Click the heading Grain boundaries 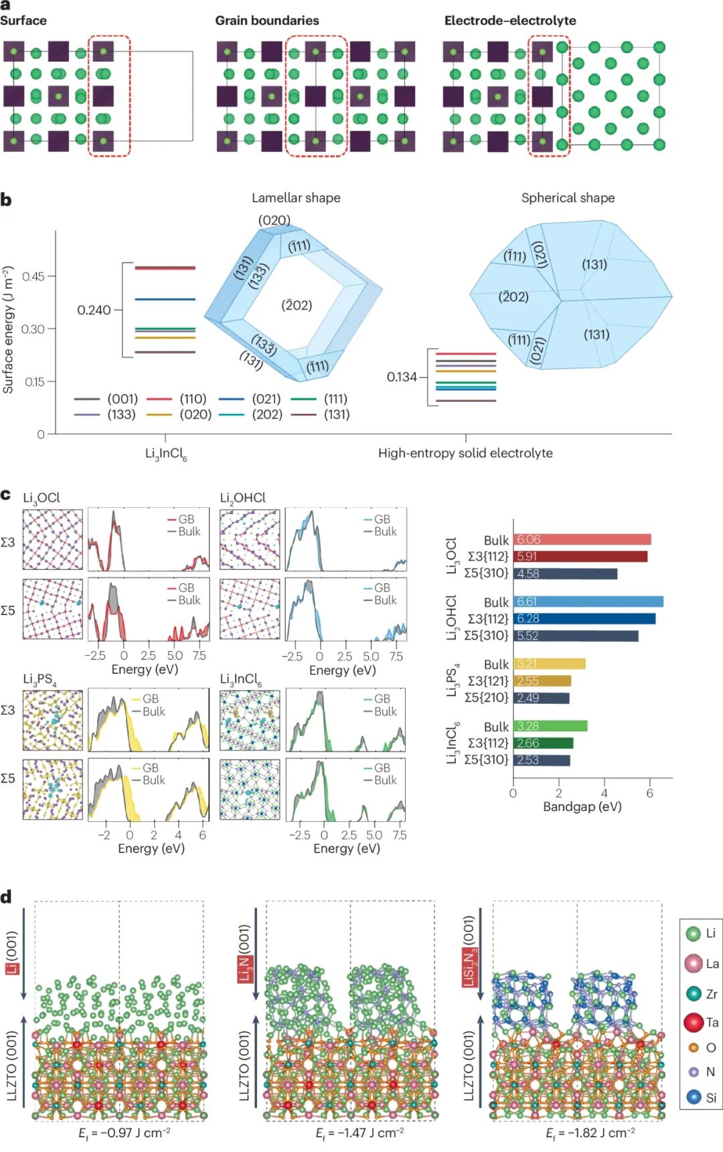(x=266, y=21)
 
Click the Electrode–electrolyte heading (x=510, y=21)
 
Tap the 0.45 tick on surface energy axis (x=33, y=276)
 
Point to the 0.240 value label (x=94, y=310)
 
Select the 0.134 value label (x=402, y=377)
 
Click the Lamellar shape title (x=296, y=198)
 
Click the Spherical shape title (x=568, y=198)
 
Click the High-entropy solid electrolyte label (x=465, y=453)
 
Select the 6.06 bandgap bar (x=582, y=540)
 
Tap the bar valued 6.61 (x=588, y=601)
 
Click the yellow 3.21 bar (x=549, y=664)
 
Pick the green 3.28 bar (x=550, y=726)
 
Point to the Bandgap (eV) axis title (x=582, y=806)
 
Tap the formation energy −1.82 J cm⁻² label (x=590, y=1133)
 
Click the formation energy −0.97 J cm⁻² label (x=124, y=1133)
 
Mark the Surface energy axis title (x=8, y=330)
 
